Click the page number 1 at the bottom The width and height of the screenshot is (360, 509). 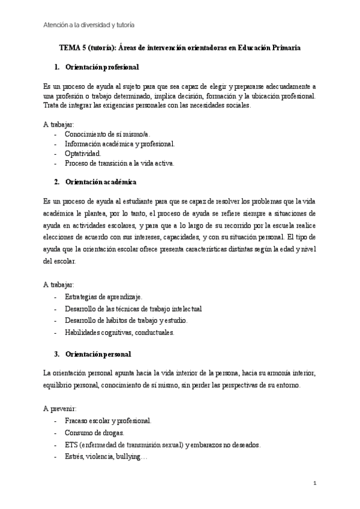[315, 483]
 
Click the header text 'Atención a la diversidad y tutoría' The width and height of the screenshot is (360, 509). [89, 25]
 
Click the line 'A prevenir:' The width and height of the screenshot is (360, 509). [59, 408]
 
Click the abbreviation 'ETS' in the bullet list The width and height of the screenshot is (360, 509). [73, 445]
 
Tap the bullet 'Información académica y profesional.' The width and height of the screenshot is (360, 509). [120, 143]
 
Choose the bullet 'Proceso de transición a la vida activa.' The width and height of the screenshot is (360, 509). [119, 163]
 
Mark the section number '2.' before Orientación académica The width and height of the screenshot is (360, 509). [56, 181]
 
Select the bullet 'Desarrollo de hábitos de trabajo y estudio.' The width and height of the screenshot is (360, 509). [126, 321]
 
